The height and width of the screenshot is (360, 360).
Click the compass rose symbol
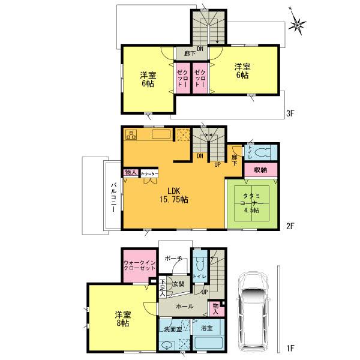tap(296, 24)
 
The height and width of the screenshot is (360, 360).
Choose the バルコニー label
tap(113, 195)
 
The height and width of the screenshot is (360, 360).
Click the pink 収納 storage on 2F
tap(260, 170)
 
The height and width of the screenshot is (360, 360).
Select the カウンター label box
tap(149, 173)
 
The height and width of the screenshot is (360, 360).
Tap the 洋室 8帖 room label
tap(124, 319)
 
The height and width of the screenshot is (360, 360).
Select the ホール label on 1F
tap(184, 306)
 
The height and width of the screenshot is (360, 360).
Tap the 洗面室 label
tap(172, 329)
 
